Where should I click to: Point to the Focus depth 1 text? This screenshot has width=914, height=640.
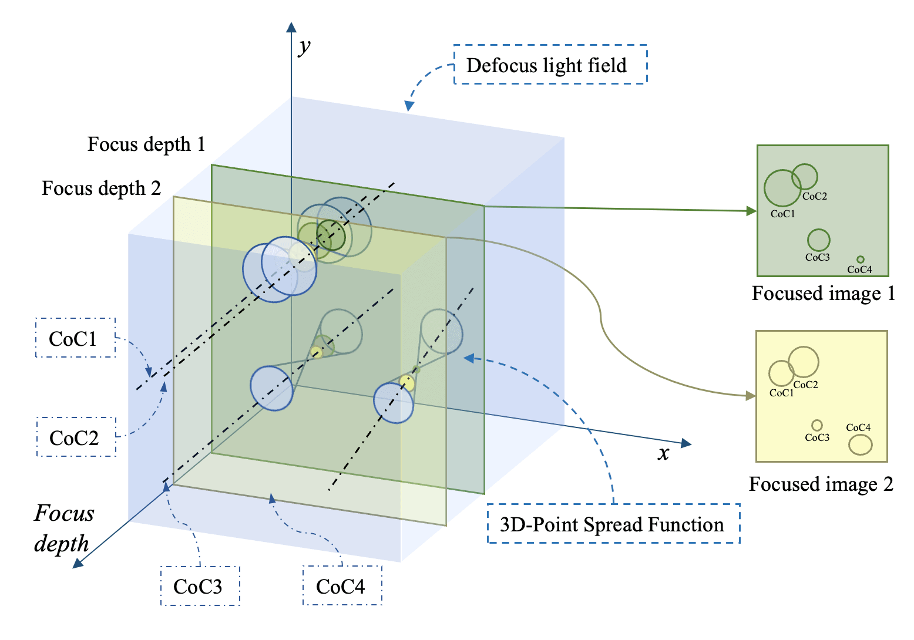pyautogui.click(x=146, y=144)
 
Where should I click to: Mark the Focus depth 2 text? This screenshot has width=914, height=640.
pyautogui.click(x=101, y=188)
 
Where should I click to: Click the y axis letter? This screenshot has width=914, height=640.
pyautogui.click(x=304, y=48)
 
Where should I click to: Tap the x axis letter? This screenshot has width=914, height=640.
pyautogui.click(x=663, y=453)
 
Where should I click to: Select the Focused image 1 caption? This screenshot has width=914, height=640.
pyautogui.click(x=823, y=293)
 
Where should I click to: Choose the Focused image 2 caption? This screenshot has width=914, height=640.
pyautogui.click(x=821, y=484)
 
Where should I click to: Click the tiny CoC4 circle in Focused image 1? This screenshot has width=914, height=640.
pyautogui.click(x=861, y=257)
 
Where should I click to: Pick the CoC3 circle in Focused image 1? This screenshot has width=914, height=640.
pyautogui.click(x=818, y=229)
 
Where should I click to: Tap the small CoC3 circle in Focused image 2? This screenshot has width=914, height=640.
pyautogui.click(x=817, y=420)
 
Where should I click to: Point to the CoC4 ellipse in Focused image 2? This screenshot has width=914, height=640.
pyautogui.click(x=861, y=435)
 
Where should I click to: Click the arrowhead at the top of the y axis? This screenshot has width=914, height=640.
pyautogui.click(x=291, y=27)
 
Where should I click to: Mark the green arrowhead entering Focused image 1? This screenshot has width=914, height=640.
pyautogui.click(x=751, y=211)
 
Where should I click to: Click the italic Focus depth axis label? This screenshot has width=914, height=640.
pyautogui.click(x=63, y=528)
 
